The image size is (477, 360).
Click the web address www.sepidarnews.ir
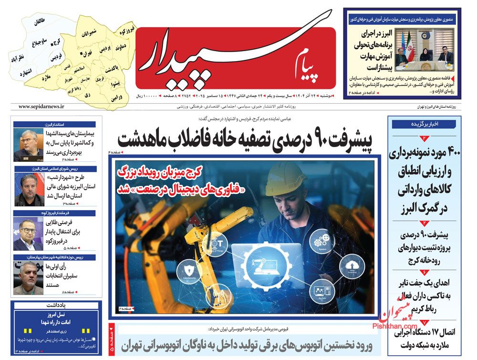point(41,107)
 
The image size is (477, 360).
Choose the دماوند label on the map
point(120,49)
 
